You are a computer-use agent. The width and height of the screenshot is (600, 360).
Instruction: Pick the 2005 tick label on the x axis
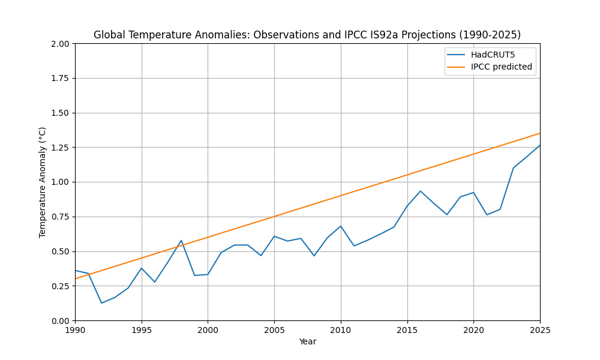pos(274,330)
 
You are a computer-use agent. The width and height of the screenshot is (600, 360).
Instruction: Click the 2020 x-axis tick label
pos(473,330)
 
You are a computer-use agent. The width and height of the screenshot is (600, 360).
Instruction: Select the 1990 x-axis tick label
pos(75,330)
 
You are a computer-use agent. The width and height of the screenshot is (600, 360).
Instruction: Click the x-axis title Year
pos(307,342)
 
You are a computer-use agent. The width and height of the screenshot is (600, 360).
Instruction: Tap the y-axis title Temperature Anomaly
pos(43,182)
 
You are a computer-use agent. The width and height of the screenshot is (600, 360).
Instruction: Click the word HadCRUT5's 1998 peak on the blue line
pos(181,241)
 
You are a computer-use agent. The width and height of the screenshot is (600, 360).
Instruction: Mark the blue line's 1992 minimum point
pos(101,303)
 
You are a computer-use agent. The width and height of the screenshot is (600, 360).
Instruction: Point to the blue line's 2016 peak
pos(420,191)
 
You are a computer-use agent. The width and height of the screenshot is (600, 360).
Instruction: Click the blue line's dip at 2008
pos(314,256)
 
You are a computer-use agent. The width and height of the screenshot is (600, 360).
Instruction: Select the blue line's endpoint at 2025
pos(539,145)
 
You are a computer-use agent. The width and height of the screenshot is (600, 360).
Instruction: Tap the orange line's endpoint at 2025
pos(539,133)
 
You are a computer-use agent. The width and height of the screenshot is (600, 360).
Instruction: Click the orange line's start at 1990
pos(76,278)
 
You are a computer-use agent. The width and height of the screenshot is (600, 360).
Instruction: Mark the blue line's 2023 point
pos(513,168)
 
